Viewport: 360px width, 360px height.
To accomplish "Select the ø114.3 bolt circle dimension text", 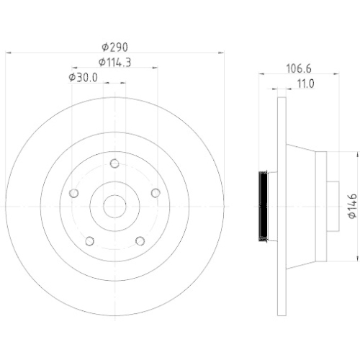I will (114, 62).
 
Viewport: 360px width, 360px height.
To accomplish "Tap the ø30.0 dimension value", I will (84, 77).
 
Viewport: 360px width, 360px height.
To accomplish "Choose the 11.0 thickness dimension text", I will (305, 84).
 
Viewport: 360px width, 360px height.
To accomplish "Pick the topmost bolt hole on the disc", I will (114, 164).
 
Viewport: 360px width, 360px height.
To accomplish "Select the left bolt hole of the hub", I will (73, 193).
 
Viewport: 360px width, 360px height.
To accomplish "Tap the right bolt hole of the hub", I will (155, 193).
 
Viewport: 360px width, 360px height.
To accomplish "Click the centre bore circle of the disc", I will (114, 207).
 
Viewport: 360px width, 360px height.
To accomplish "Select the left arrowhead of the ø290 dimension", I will (9, 53).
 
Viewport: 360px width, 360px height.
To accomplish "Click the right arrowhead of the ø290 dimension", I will (219, 53).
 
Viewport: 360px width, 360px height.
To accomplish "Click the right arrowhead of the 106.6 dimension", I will (337, 73).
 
